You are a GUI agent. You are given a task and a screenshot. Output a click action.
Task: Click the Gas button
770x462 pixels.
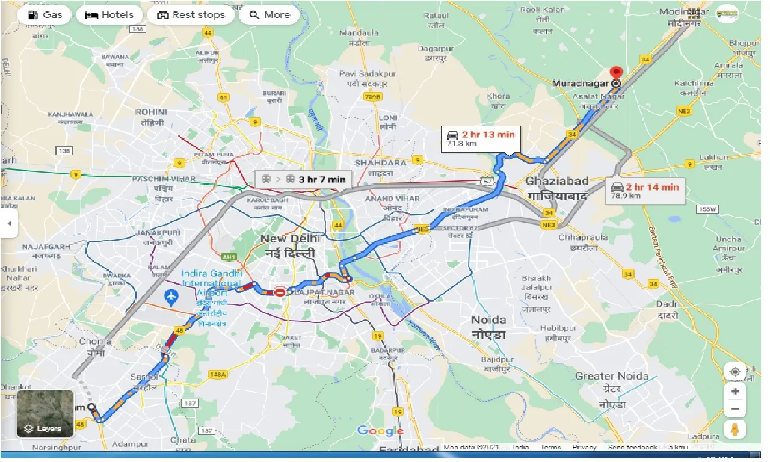tap(45, 15)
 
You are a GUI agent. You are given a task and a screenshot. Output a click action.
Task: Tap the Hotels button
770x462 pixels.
tap(110, 15)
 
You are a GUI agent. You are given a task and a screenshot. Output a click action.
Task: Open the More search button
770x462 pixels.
tap(269, 15)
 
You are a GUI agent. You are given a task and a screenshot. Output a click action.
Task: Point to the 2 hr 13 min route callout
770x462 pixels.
tap(479, 138)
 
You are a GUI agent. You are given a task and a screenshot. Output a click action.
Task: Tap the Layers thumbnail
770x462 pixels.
tap(45, 413)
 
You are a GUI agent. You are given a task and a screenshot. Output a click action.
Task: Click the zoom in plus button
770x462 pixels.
tap(735, 391)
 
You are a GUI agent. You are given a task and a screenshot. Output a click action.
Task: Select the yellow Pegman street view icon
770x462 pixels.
tap(735, 430)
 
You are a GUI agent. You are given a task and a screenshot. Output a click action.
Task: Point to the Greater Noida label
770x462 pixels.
tap(612, 376)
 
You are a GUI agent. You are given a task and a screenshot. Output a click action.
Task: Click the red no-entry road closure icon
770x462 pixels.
tap(280, 292)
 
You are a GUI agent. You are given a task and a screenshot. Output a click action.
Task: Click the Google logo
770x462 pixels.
tap(380, 431)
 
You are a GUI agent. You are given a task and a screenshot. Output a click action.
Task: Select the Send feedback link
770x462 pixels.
tap(632, 447)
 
